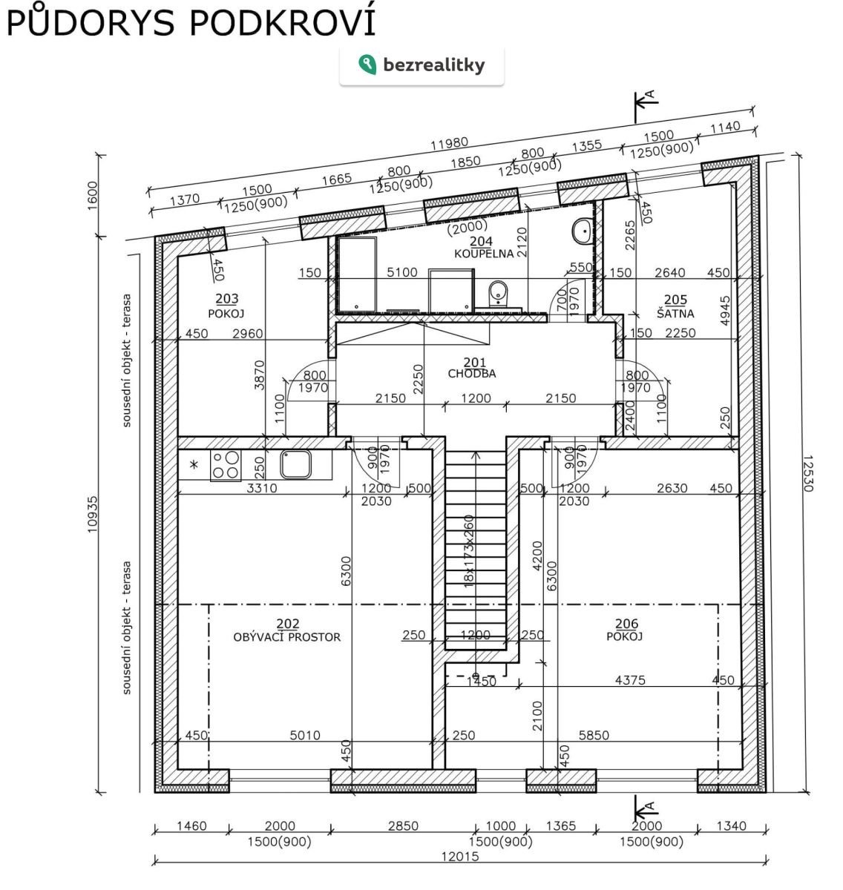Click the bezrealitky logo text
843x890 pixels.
click(x=433, y=66)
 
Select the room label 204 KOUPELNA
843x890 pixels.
click(x=483, y=247)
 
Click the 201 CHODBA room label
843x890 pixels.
click(x=472, y=368)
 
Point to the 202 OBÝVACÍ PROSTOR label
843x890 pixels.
click(x=286, y=630)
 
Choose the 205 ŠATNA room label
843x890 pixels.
click(x=675, y=306)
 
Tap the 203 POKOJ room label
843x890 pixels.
click(x=226, y=306)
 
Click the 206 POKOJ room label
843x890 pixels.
click(x=625, y=630)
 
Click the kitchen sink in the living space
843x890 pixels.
click(x=295, y=464)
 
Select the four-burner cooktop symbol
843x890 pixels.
click(x=226, y=465)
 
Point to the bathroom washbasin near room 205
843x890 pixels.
click(x=582, y=231)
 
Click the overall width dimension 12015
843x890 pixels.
click(x=460, y=856)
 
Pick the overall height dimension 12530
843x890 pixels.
click(x=807, y=473)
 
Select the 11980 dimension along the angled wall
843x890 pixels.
click(x=449, y=143)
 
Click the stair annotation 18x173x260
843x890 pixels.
click(x=469, y=551)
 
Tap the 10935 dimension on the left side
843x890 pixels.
click(x=92, y=514)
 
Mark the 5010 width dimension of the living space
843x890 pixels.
click(x=305, y=697)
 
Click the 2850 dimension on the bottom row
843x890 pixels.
click(x=403, y=825)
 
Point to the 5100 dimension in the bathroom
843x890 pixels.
click(x=401, y=271)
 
